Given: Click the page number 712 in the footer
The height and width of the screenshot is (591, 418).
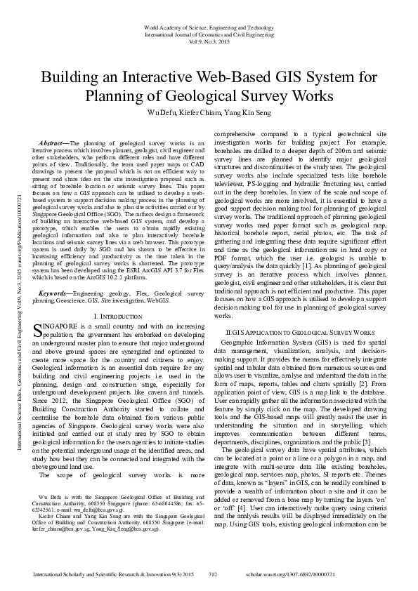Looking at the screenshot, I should [x=213, y=574].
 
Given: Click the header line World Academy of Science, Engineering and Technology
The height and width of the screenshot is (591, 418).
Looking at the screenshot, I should [x=209, y=26].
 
